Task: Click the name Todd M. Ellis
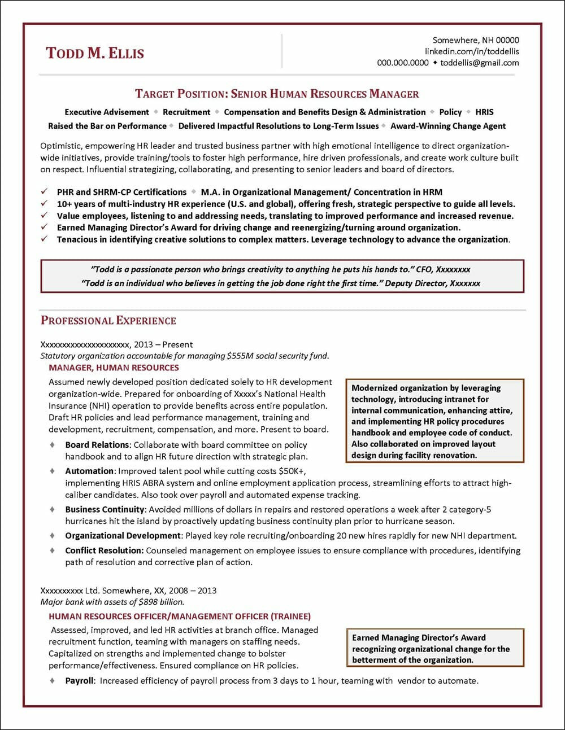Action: pos(95,53)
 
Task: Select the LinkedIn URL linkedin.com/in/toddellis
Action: pos(472,51)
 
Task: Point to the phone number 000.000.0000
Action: pos(403,63)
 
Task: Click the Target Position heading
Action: pos(277,94)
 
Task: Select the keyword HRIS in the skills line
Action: pos(484,112)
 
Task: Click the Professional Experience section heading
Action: pos(108,321)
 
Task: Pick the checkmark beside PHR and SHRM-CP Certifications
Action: pos(45,192)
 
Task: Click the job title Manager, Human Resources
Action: pos(106,368)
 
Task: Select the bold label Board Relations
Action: pos(97,445)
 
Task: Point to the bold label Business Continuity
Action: pos(105,509)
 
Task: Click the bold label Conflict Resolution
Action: pos(105,550)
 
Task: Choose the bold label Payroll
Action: pos(79,681)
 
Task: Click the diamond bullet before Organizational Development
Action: pos(53,535)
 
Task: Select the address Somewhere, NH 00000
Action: pos(476,40)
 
